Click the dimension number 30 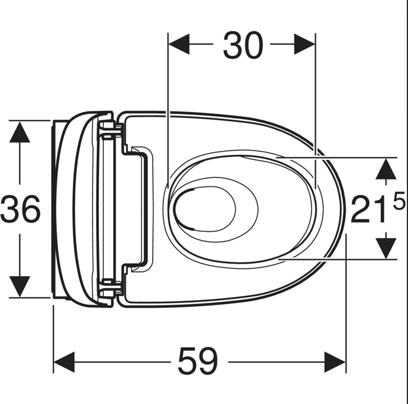[243, 45]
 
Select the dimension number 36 [20, 209]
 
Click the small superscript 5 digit [399, 200]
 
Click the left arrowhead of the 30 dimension [179, 44]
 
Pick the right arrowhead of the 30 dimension [305, 44]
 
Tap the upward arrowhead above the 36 [20, 132]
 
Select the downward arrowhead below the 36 [20, 286]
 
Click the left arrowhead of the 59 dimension [64, 362]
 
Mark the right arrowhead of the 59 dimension [335, 362]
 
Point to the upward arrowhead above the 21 [386, 168]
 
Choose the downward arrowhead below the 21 [386, 248]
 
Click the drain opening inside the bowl [204, 209]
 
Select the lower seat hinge [110, 288]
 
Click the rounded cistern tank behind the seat [84, 209]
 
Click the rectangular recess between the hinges [137, 209]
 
